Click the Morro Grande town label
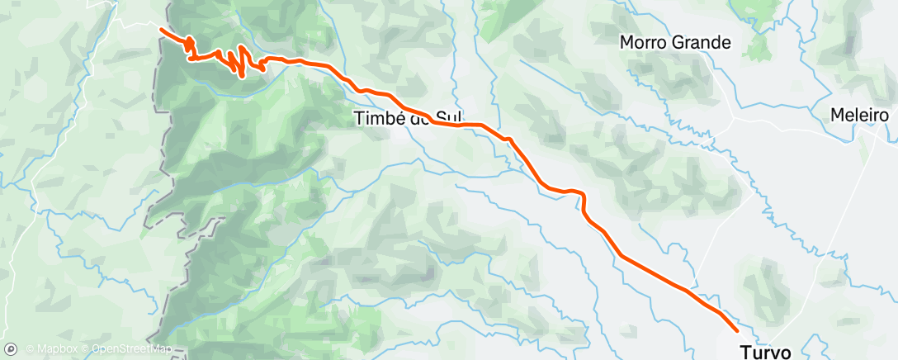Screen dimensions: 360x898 pos(675,42)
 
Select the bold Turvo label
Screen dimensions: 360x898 pos(765,352)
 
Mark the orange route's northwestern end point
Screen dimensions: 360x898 pos(160,30)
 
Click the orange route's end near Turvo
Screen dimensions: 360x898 pos(737,330)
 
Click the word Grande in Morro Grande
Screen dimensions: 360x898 pos(702,42)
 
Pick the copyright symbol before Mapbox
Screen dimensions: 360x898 pos(30,349)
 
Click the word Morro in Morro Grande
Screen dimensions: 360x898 pos(644,42)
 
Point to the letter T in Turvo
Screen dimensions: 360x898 pos(744,352)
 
